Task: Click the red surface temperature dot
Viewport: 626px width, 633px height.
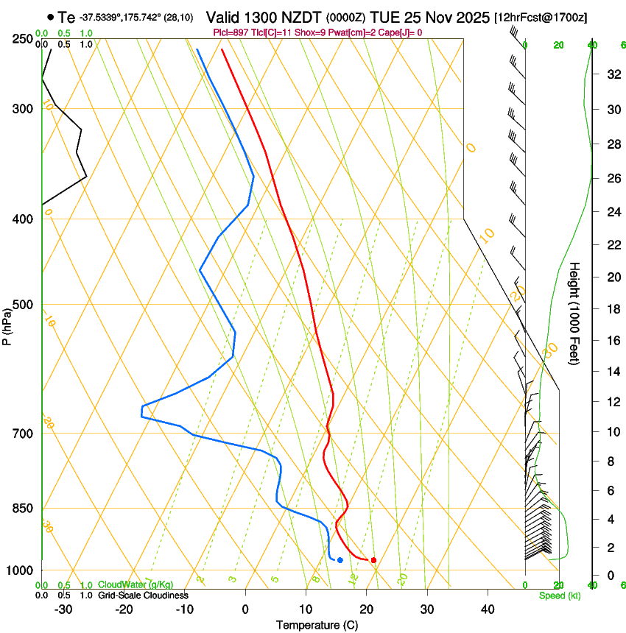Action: pyautogui.click(x=373, y=560)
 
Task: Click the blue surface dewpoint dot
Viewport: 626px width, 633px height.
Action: pyautogui.click(x=340, y=561)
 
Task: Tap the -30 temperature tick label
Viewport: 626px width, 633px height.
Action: pyautogui.click(x=63, y=609)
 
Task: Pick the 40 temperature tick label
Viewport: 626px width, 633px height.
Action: pyautogui.click(x=488, y=609)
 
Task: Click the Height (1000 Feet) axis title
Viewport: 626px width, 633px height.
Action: pyautogui.click(x=575, y=313)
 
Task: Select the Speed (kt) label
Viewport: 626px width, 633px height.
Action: pyautogui.click(x=559, y=595)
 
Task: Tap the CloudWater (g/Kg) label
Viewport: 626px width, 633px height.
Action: pyautogui.click(x=136, y=585)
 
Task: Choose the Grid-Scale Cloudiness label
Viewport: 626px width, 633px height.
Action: pyautogui.click(x=143, y=595)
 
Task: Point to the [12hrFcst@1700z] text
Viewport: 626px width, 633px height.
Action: pyautogui.click(x=541, y=17)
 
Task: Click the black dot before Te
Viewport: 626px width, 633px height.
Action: pyautogui.click(x=50, y=16)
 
